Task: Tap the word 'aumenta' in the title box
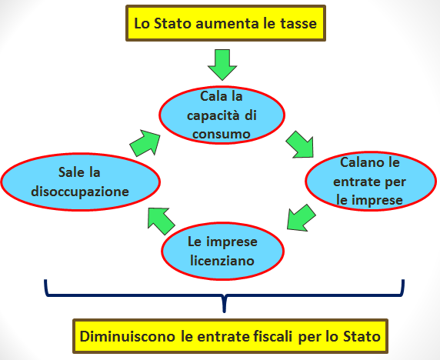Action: pos(227,24)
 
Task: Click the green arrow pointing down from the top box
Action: pos(222,65)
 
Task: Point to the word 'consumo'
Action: pos(222,134)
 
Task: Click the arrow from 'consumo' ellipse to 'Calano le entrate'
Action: pos(301,145)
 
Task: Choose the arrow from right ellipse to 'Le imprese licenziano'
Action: pos(301,218)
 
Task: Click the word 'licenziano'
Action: pos(222,261)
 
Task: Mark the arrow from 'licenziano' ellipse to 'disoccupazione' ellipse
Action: pos(161,221)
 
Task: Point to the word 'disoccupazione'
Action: pos(80,192)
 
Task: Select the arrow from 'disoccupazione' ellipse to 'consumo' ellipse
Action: pos(145,143)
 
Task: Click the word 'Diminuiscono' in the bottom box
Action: pos(128,336)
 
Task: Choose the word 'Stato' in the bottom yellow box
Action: pos(362,336)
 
